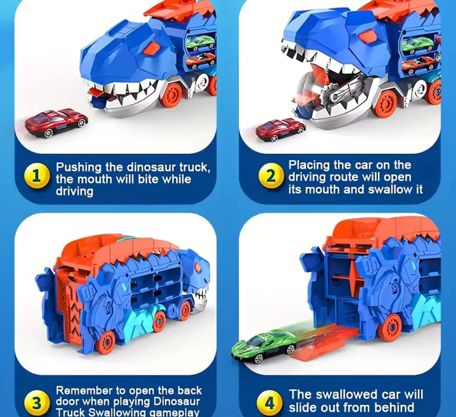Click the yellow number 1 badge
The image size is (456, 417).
tap(36, 176)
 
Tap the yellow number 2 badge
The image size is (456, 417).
tap(270, 176)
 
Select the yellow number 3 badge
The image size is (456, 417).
tap(36, 403)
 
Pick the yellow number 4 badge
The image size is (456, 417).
tap(270, 403)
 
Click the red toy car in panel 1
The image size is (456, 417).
tap(56, 123)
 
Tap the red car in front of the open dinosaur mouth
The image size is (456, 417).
tap(280, 129)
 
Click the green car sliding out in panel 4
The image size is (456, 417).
tap(264, 346)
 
